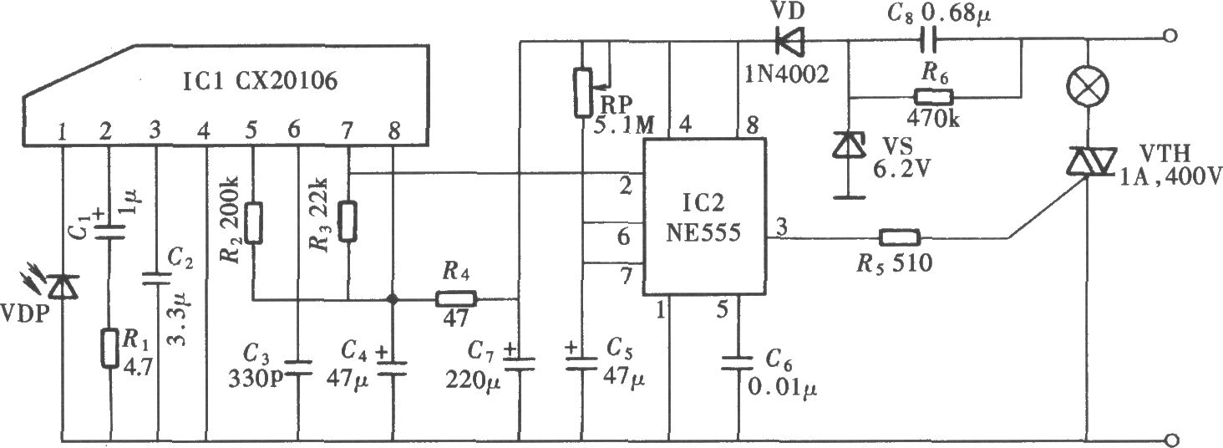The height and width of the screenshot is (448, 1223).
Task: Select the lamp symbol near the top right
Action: (1088, 86)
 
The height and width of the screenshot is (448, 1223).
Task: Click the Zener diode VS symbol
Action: (849, 145)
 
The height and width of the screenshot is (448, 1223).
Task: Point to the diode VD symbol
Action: (791, 40)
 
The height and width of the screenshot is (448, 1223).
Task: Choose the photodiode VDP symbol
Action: (62, 287)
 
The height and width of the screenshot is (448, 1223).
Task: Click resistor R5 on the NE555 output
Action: (900, 237)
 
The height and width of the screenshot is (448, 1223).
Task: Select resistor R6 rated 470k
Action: (934, 98)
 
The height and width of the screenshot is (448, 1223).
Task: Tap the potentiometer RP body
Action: (583, 92)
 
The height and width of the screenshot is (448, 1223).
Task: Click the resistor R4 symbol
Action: (456, 299)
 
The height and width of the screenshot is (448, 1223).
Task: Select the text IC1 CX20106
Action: (259, 81)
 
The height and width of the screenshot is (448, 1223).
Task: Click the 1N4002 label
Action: (787, 74)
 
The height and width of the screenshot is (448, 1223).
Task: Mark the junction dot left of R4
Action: (391, 299)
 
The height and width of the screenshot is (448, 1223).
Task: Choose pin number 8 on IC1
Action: (393, 130)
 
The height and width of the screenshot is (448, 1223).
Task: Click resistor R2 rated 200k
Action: (253, 223)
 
